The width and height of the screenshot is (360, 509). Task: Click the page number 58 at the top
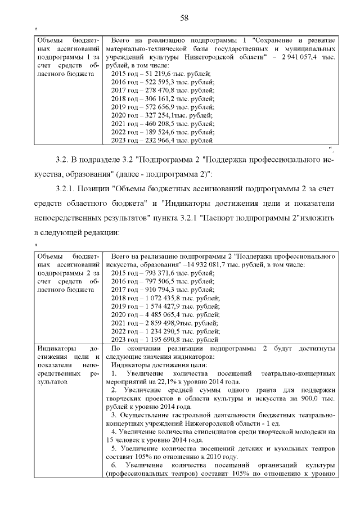tap(183, 18)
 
